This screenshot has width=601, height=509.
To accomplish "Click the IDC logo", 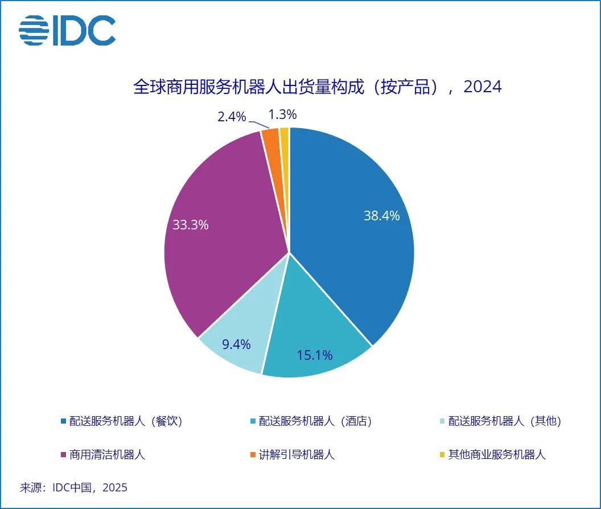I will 67,31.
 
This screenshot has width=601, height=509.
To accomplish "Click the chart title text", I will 317,87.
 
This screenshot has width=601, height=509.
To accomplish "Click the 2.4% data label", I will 232,117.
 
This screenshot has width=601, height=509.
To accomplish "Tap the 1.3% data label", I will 282,114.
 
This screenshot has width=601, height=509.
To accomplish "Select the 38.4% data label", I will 381,216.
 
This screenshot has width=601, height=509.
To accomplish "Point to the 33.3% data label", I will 191,225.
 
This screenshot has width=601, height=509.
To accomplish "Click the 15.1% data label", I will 315,355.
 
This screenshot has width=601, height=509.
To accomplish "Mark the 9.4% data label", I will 236,344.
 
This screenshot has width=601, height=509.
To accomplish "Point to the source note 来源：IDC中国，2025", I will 74,488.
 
